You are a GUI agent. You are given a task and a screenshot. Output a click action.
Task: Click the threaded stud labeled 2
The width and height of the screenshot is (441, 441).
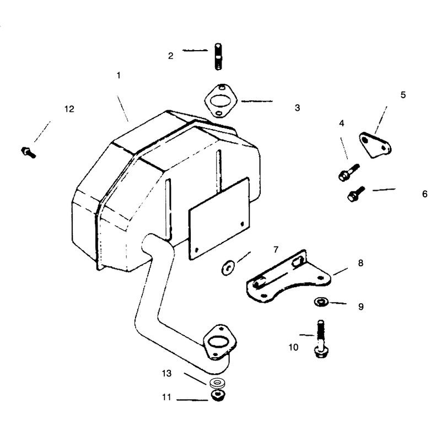pos(218,57)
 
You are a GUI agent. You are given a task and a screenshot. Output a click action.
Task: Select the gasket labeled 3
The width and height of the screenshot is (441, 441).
pos(221,101)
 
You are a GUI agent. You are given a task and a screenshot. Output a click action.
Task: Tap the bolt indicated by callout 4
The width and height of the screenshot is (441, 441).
pos(349,172)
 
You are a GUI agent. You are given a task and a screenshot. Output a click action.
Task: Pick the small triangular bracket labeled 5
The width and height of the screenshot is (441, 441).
pos(375,145)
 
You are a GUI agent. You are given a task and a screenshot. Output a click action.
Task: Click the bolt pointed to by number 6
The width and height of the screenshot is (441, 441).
pos(356,193)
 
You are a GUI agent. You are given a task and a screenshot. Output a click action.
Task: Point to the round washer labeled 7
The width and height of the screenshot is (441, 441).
pos(228,268)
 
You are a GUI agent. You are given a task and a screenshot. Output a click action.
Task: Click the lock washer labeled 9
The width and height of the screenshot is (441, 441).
pos(321,302)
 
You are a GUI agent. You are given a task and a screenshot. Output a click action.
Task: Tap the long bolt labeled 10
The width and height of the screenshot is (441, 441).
pos(321,339)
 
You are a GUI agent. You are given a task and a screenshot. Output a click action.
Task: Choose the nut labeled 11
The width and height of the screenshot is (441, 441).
pos(218,395)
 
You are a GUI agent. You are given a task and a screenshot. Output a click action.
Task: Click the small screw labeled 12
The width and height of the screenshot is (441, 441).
pos(29,153)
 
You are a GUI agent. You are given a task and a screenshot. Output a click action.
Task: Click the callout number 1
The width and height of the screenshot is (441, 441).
pos(119,76)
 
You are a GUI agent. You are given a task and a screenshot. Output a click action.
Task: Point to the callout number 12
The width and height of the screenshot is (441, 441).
pos(69,109)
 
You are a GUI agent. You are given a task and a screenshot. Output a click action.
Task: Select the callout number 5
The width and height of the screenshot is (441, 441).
pos(403,95)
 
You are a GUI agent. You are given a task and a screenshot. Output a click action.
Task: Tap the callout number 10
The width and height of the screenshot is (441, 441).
pos(293,347)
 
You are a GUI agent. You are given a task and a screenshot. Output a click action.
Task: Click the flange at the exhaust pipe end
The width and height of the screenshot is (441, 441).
pos(219,342)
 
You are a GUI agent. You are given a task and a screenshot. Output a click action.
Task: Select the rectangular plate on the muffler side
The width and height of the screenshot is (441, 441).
pos(219,218)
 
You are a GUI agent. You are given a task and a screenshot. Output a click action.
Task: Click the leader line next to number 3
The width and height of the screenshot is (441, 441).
pos(257,101)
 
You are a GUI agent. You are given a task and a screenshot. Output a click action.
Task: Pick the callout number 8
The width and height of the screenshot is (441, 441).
pos(361,263)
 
